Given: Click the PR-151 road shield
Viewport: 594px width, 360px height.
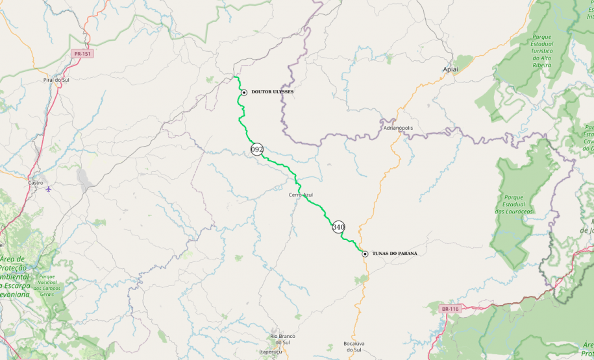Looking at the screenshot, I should [x=82, y=54].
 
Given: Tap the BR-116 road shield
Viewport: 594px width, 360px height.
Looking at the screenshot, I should [x=449, y=309].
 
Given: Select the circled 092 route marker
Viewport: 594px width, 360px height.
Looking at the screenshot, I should [x=257, y=149].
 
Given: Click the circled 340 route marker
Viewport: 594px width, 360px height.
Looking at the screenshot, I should [x=338, y=227].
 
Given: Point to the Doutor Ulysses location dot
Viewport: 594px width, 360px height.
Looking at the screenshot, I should [x=243, y=93].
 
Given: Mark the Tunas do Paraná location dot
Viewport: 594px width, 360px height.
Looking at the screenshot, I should [x=365, y=254].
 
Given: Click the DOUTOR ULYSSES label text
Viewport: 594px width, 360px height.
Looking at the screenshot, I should [x=272, y=92].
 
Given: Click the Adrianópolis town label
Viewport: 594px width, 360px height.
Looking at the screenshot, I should [x=398, y=128].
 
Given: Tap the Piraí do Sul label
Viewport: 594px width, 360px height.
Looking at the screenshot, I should [x=56, y=79].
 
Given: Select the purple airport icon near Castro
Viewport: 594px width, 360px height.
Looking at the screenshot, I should [x=49, y=190].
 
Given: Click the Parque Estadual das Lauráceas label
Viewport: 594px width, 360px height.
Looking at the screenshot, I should [x=514, y=204].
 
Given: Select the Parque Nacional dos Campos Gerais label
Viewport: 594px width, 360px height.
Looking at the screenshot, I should [x=47, y=285].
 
